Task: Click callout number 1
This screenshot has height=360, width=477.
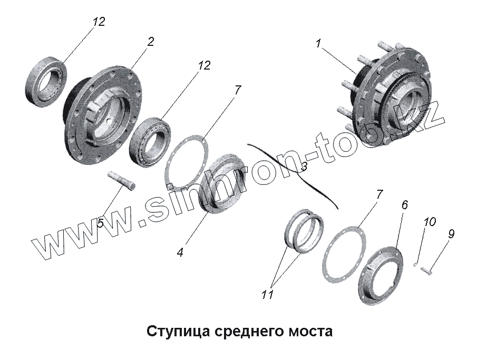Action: point(318,44)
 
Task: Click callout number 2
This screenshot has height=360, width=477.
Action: point(150,42)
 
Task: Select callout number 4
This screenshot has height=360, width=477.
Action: point(180,252)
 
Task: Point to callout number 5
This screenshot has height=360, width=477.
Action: point(101,223)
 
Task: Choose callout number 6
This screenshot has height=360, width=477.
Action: point(404,205)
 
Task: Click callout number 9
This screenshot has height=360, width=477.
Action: point(451,233)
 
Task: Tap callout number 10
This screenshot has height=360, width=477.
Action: point(430,221)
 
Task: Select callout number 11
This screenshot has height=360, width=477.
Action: point(267,294)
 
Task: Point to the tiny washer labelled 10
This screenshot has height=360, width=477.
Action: point(415,265)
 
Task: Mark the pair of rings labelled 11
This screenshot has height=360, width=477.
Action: point(304,231)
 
